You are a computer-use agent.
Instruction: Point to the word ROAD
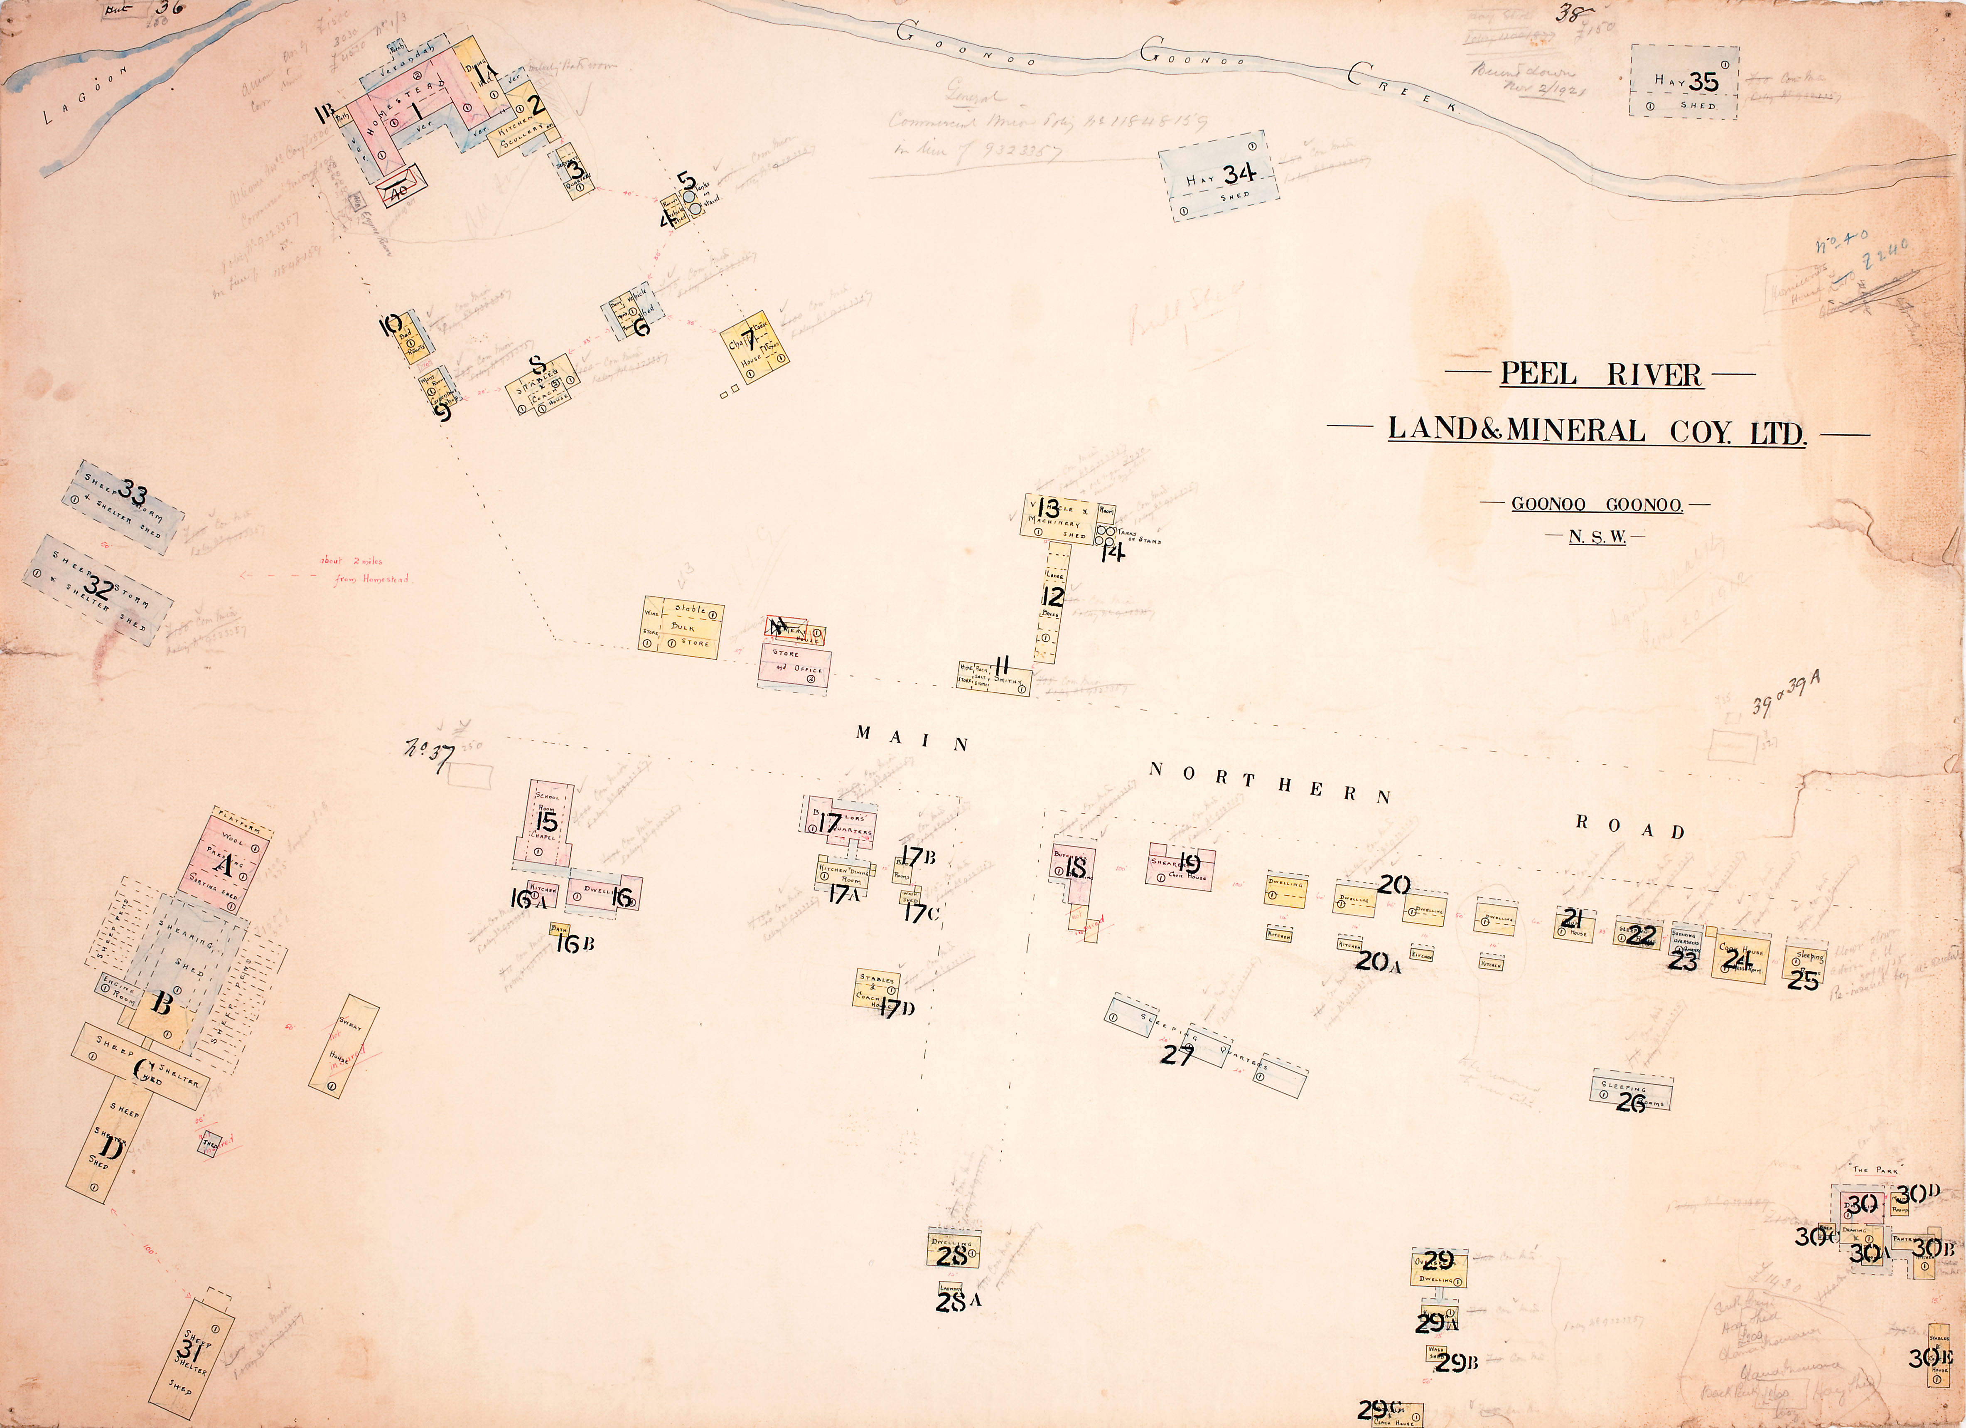click(1629, 830)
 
